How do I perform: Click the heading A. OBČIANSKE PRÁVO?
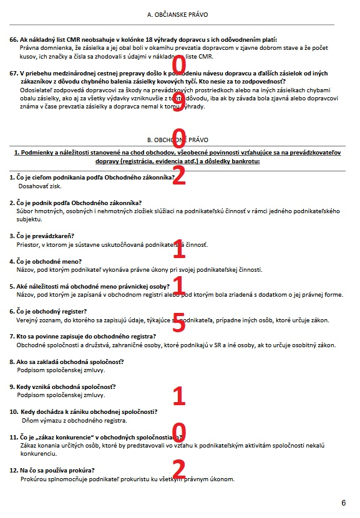[177, 14]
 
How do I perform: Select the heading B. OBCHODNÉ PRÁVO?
[177, 140]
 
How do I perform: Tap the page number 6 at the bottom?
[343, 502]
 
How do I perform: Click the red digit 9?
[179, 98]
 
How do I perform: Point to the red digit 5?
[179, 322]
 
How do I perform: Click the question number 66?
[14, 39]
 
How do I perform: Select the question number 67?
[14, 73]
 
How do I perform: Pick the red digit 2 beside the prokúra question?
[179, 468]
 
